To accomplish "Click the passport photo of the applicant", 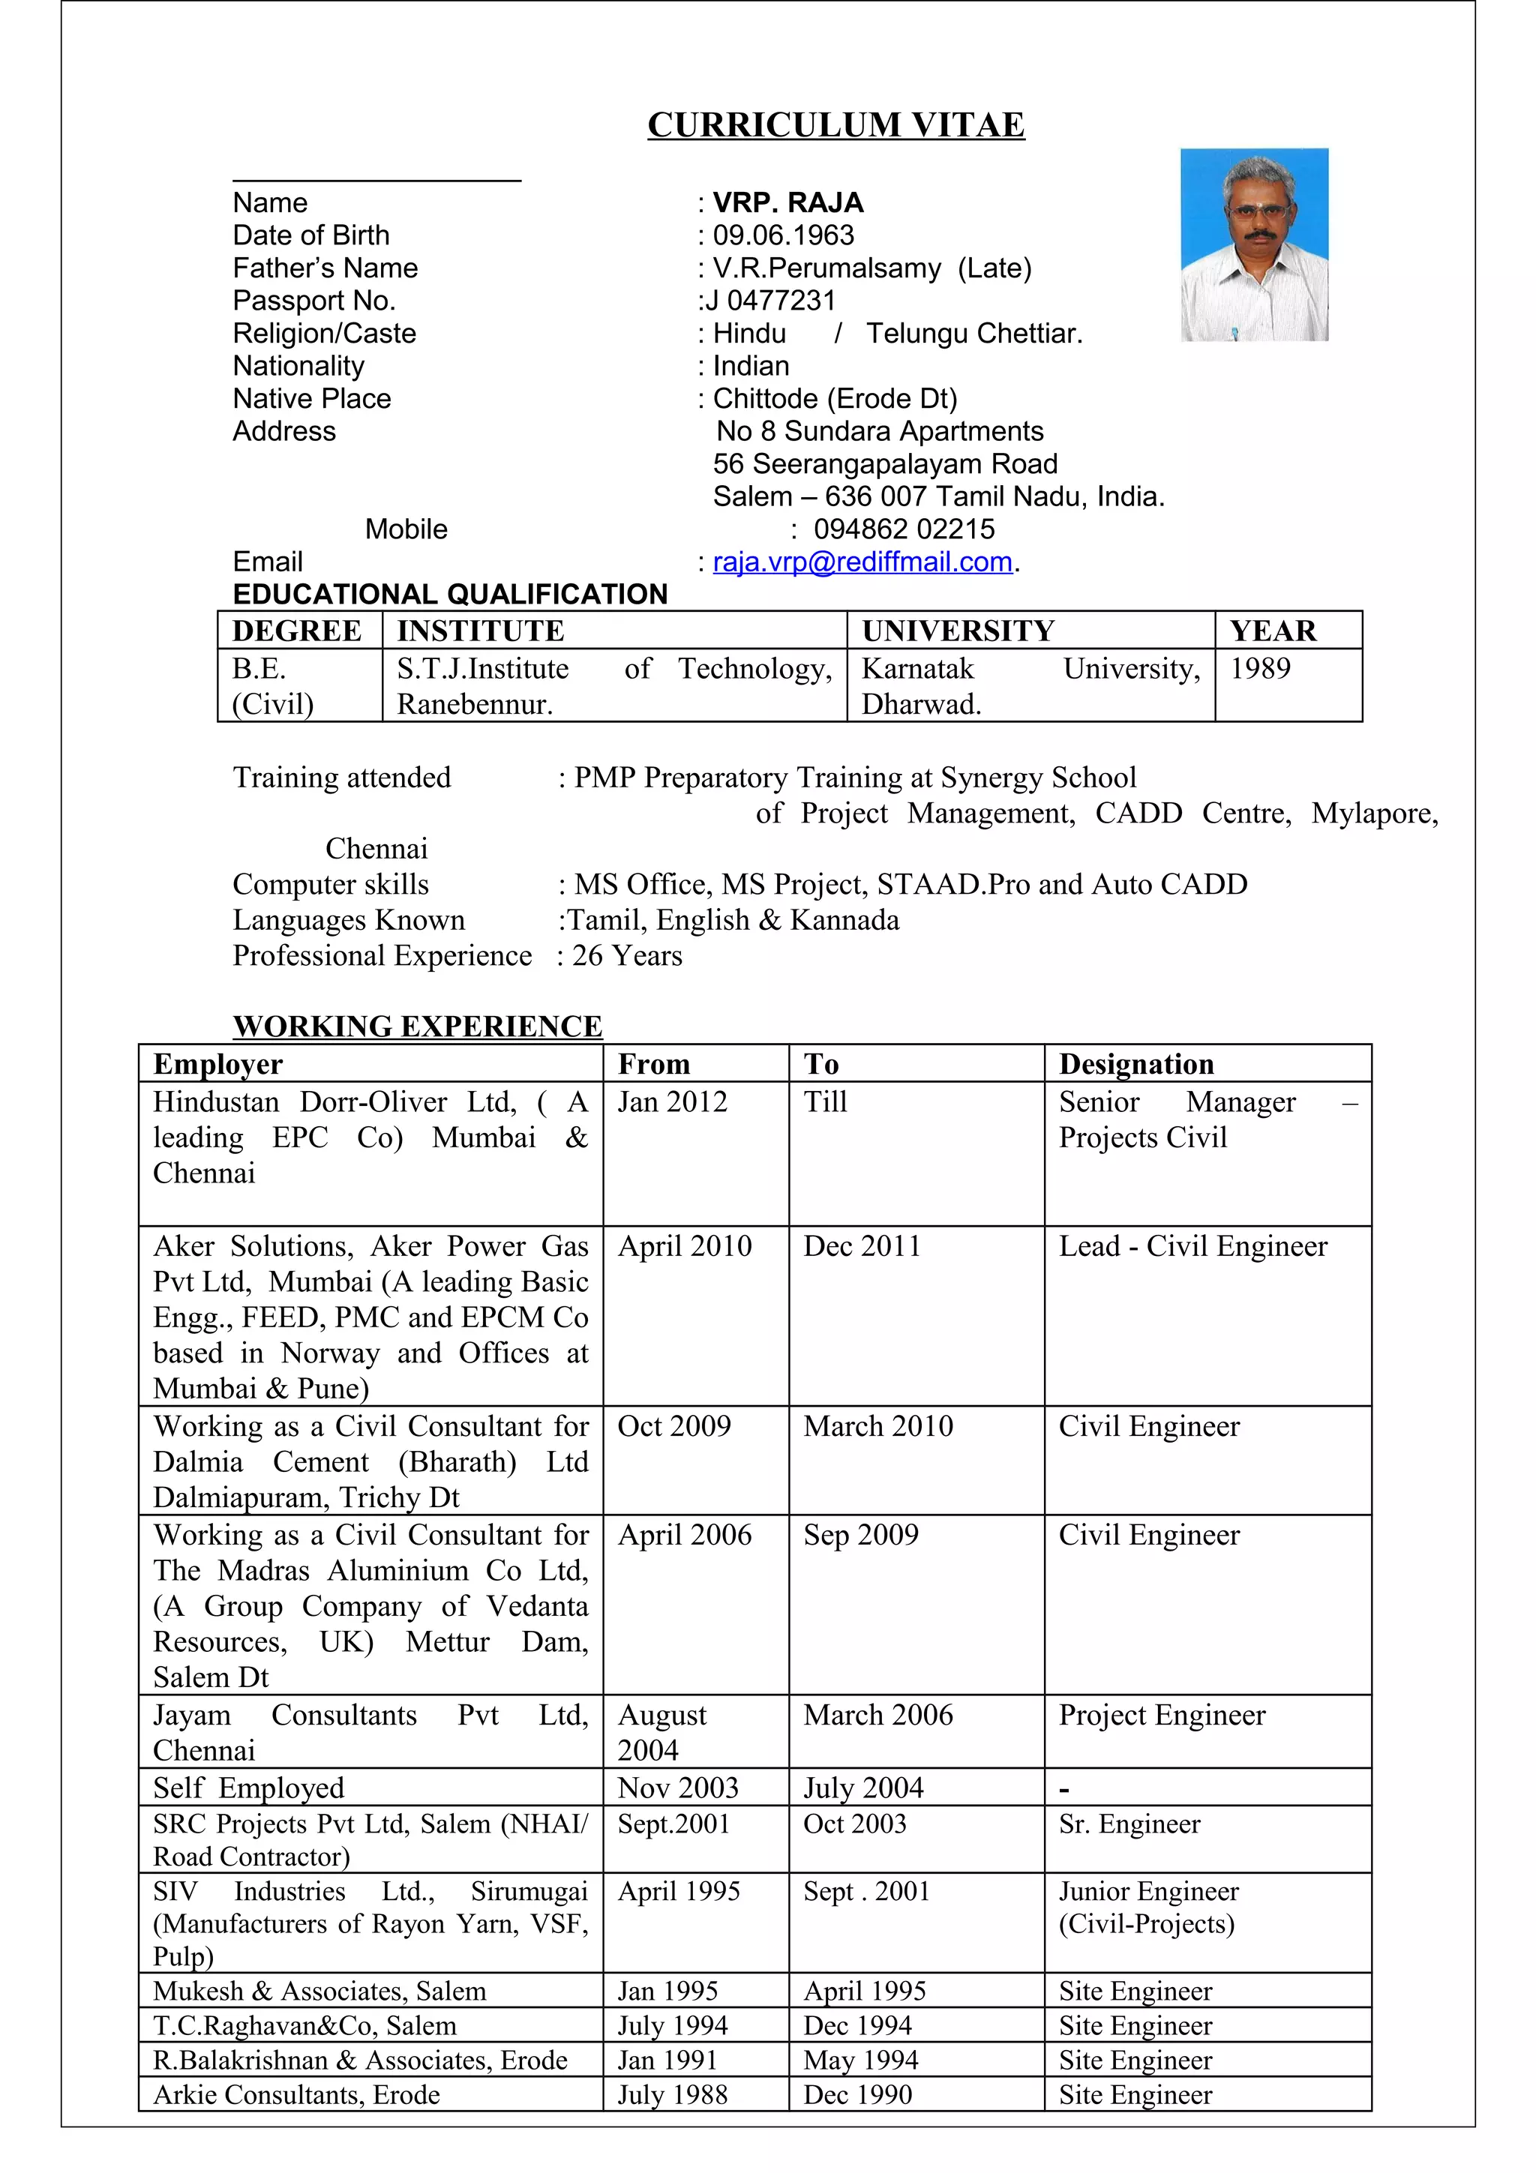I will [x=1254, y=244].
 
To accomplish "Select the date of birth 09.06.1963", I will [x=783, y=235].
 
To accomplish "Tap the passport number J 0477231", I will [x=770, y=301].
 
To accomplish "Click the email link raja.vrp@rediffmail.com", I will [x=862, y=562].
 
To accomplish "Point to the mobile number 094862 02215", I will [x=904, y=529].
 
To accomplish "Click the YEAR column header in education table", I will [x=1272, y=631].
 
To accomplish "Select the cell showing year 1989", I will [x=1260, y=669].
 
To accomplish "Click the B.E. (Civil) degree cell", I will [x=271, y=686].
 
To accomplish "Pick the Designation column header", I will [x=1135, y=1064].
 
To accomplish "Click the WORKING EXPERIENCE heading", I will [x=417, y=1026].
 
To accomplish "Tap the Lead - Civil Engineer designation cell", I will [x=1192, y=1246].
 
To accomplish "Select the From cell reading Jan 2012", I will [x=672, y=1101].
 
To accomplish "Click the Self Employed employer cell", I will [x=249, y=1788].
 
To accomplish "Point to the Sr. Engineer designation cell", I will [x=1129, y=1824].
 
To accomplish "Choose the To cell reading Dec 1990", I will [x=857, y=2094].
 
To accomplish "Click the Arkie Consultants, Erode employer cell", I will [x=296, y=2094].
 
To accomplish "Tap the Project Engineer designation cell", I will [x=1161, y=1715].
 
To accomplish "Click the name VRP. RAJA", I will [x=787, y=202].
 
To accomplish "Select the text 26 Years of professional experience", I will [x=626, y=956].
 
